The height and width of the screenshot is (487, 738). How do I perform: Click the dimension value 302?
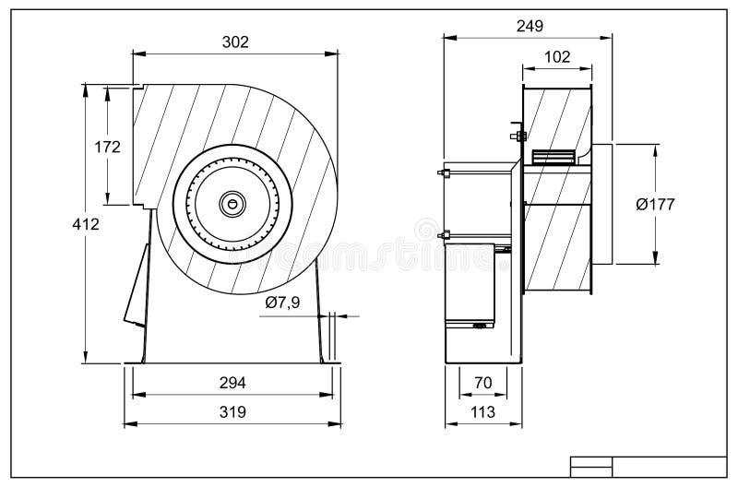[x=235, y=42]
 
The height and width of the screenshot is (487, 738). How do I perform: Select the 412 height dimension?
[x=86, y=223]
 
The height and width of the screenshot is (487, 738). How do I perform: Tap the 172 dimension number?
[x=108, y=146]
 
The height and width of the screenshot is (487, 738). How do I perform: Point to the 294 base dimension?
[x=232, y=382]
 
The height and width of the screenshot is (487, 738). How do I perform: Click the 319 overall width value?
[x=232, y=412]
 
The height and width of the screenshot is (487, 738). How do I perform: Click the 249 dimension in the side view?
[x=530, y=26]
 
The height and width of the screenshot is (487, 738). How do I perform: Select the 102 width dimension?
[x=557, y=56]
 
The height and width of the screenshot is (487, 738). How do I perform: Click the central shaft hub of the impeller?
[x=232, y=201]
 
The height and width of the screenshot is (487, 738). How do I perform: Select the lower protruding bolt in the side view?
[x=440, y=235]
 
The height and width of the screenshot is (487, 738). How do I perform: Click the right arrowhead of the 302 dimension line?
[x=333, y=54]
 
